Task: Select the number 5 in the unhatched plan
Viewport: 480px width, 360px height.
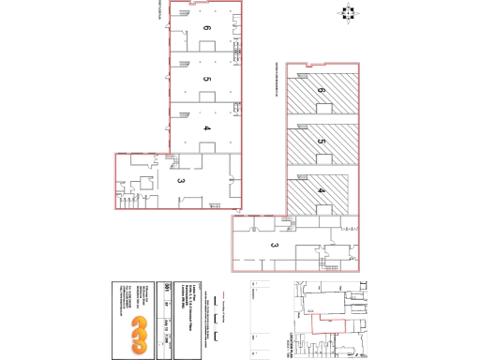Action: coord(206,80)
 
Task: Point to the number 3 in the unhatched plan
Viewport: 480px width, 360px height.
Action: coord(180,179)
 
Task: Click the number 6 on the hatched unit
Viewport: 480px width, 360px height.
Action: coord(322,91)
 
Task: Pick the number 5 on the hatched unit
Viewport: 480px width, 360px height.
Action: coord(322,142)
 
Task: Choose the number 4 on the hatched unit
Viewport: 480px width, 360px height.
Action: coord(322,191)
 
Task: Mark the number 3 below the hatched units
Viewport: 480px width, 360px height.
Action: coord(276,246)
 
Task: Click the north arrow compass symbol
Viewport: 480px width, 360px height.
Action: coord(347,13)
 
